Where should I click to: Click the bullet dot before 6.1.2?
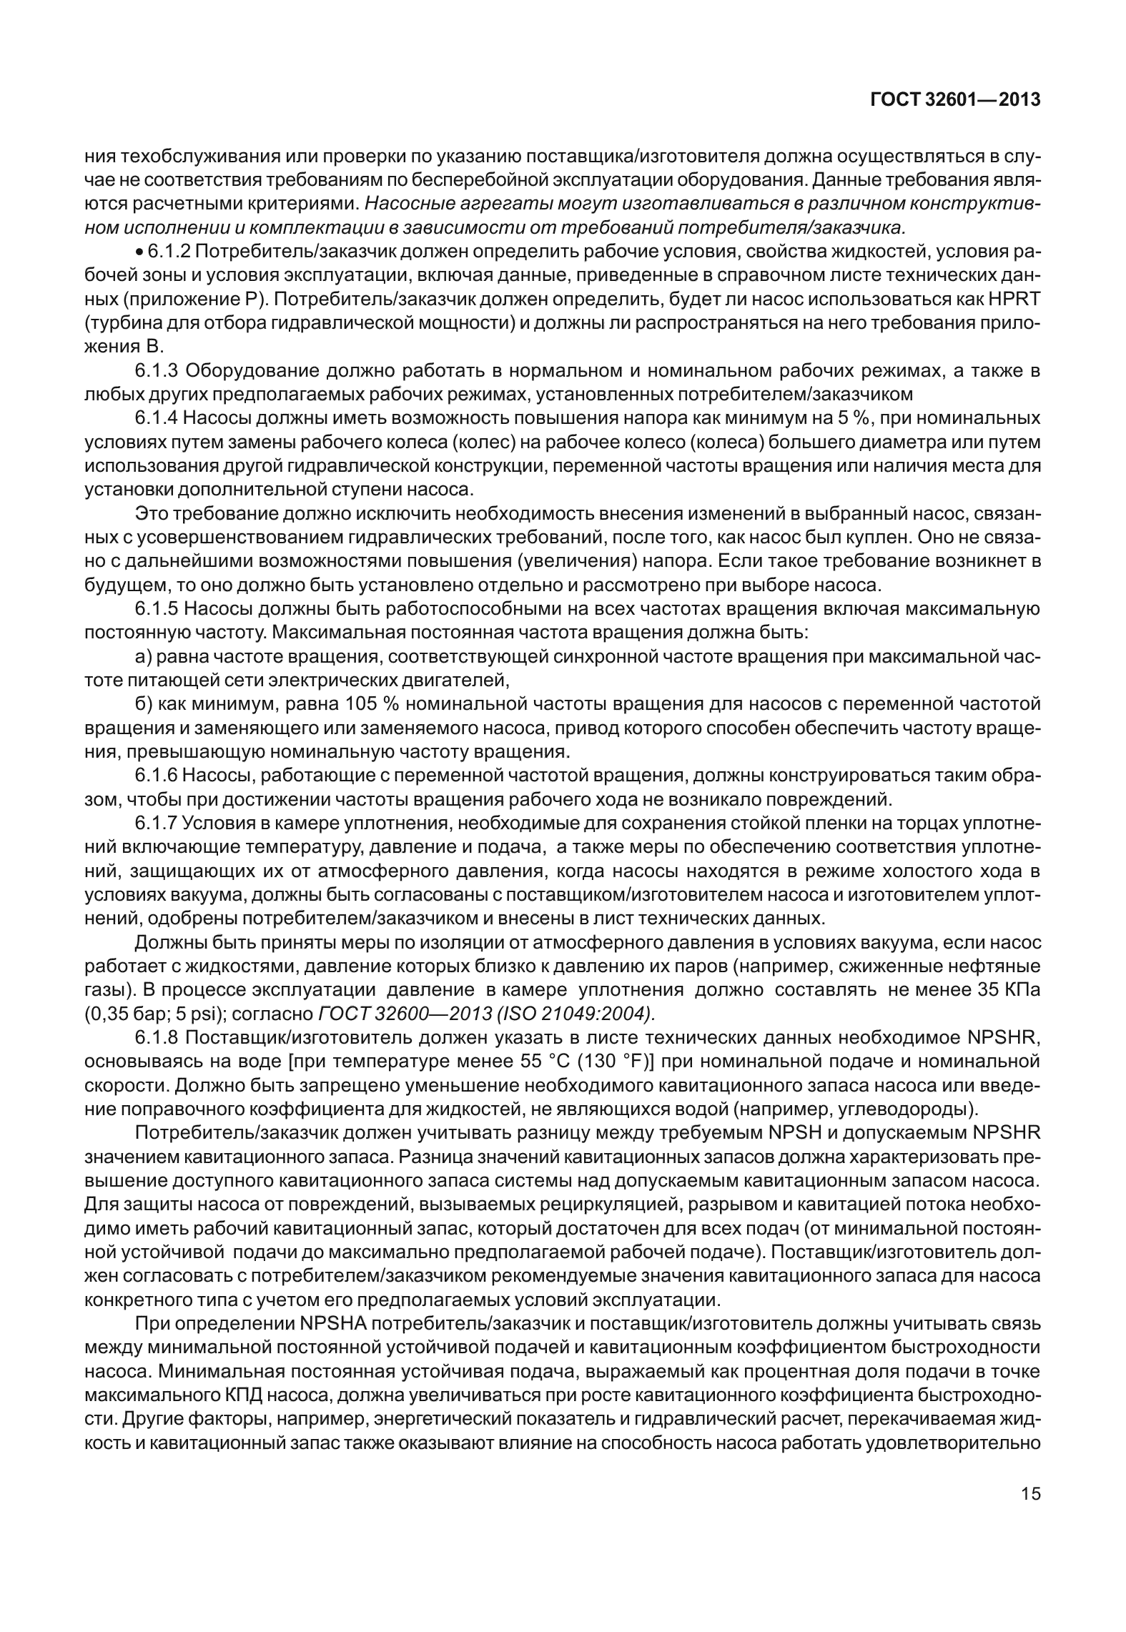coord(139,253)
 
